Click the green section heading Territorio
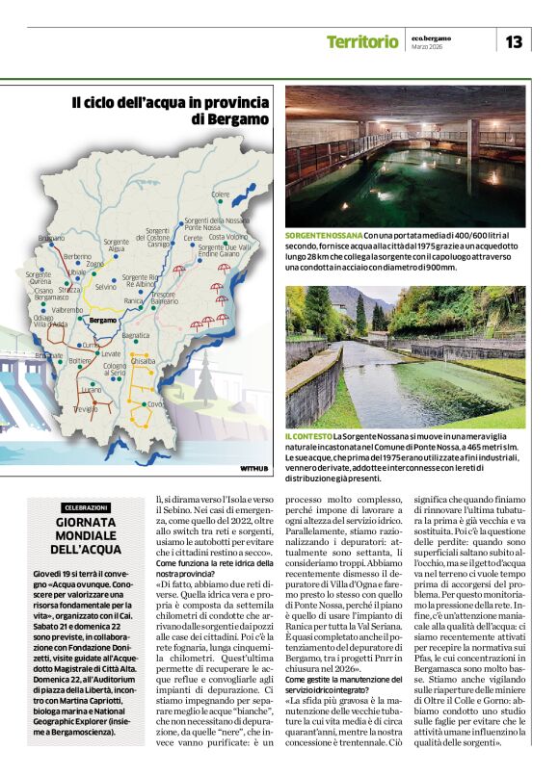tap(361, 41)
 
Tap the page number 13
tap(514, 41)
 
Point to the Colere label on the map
tap(221, 194)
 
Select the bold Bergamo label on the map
tap(102, 320)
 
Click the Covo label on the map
tap(154, 404)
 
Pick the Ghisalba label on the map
tap(143, 360)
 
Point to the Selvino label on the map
tap(106, 287)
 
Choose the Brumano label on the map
tap(51, 237)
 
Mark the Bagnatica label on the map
tap(136, 335)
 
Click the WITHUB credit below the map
tap(253, 469)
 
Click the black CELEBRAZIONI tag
tap(86, 507)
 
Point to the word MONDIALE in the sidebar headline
tap(86, 535)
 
